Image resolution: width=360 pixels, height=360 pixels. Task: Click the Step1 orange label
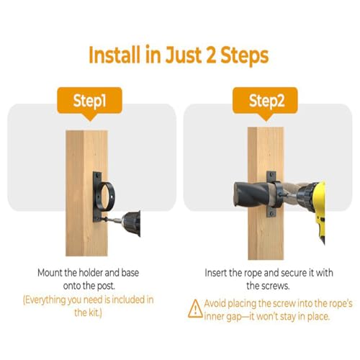point(89,102)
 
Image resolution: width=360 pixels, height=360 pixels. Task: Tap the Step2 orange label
point(265,102)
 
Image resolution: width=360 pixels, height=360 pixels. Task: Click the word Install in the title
point(114,55)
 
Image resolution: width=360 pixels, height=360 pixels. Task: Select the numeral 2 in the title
point(210,55)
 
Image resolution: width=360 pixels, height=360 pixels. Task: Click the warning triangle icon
point(195,309)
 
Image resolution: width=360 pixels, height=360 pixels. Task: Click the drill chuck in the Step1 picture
point(132,223)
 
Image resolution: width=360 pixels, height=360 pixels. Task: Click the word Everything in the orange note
point(45,300)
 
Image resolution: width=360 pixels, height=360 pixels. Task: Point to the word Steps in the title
point(244,55)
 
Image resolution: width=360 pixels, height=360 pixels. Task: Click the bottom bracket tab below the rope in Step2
point(271,212)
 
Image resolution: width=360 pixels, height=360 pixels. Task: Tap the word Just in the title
point(183,55)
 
